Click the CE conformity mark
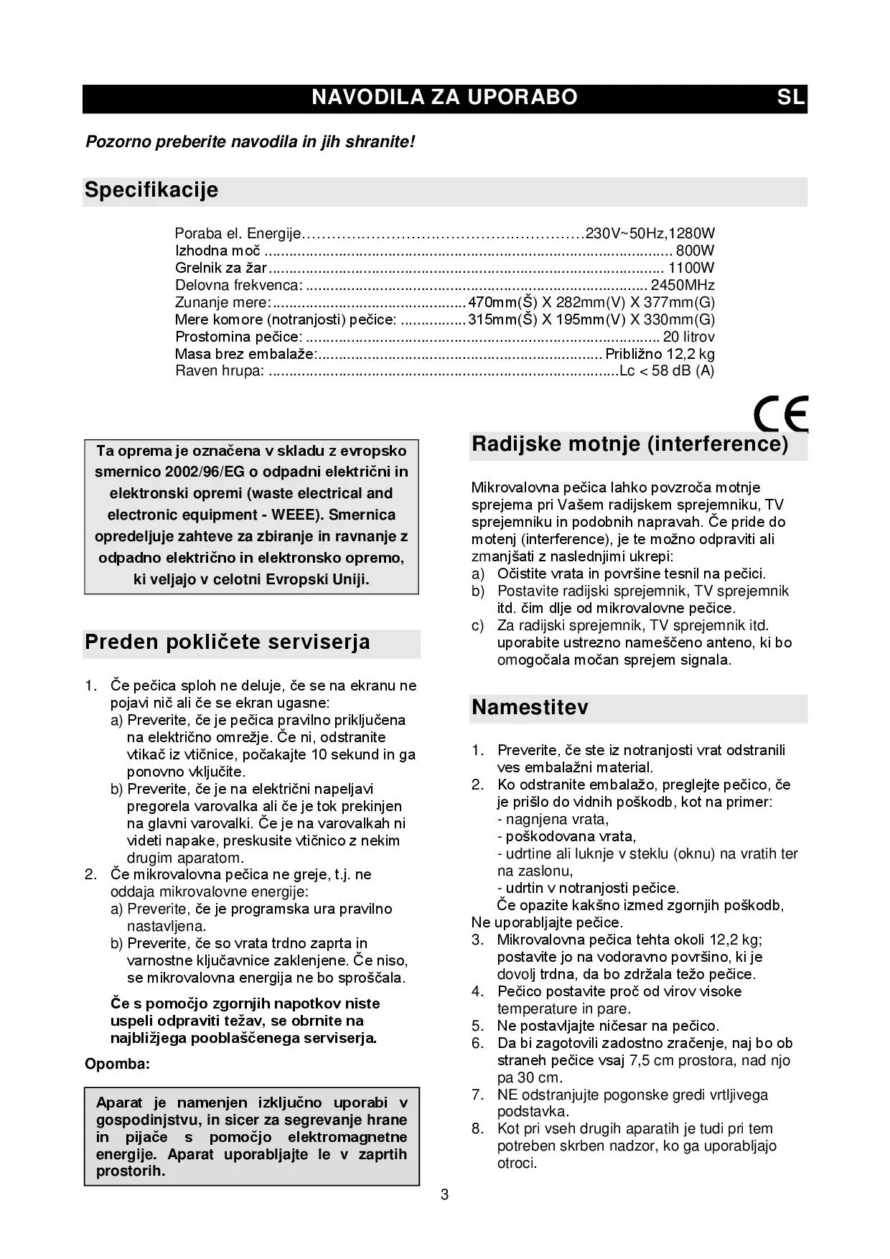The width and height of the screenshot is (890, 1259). (781, 413)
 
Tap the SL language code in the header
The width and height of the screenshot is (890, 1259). (790, 98)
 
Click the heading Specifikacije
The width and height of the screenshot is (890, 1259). (151, 190)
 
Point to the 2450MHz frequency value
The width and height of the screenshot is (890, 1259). (682, 285)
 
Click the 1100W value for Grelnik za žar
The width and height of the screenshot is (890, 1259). (691, 268)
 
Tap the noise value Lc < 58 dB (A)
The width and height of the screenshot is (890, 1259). (667, 371)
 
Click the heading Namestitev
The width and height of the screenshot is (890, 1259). (530, 708)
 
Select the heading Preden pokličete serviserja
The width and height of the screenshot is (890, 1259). (228, 642)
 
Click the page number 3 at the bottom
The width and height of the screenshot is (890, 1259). (445, 1195)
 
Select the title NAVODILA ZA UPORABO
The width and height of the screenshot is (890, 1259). (444, 98)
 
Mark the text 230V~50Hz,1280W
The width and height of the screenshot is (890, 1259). (650, 233)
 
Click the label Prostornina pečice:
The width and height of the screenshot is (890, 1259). (238, 337)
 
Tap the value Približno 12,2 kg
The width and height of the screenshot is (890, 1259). (660, 354)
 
